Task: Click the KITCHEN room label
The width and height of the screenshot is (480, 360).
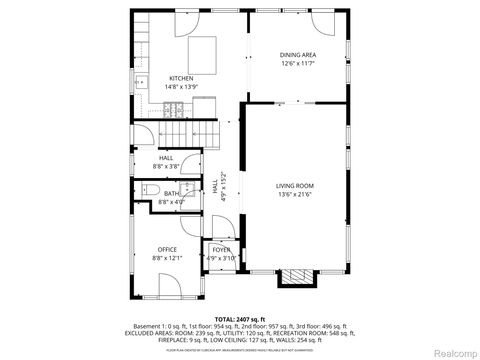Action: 181,77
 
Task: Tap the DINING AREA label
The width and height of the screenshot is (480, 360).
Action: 298,55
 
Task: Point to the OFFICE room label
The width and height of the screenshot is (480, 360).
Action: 167,249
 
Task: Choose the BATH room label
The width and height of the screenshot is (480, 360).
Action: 172,194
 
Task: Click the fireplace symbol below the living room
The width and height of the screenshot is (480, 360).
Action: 295,277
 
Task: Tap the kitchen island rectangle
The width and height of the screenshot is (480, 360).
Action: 204,51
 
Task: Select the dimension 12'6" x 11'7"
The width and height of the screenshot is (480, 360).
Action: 298,64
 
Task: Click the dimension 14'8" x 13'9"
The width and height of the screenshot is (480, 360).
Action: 181,86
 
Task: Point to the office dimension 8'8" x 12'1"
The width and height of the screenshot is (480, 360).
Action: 167,258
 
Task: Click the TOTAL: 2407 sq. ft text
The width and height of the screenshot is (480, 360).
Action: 240,318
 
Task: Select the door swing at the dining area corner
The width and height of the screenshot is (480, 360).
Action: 322,21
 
